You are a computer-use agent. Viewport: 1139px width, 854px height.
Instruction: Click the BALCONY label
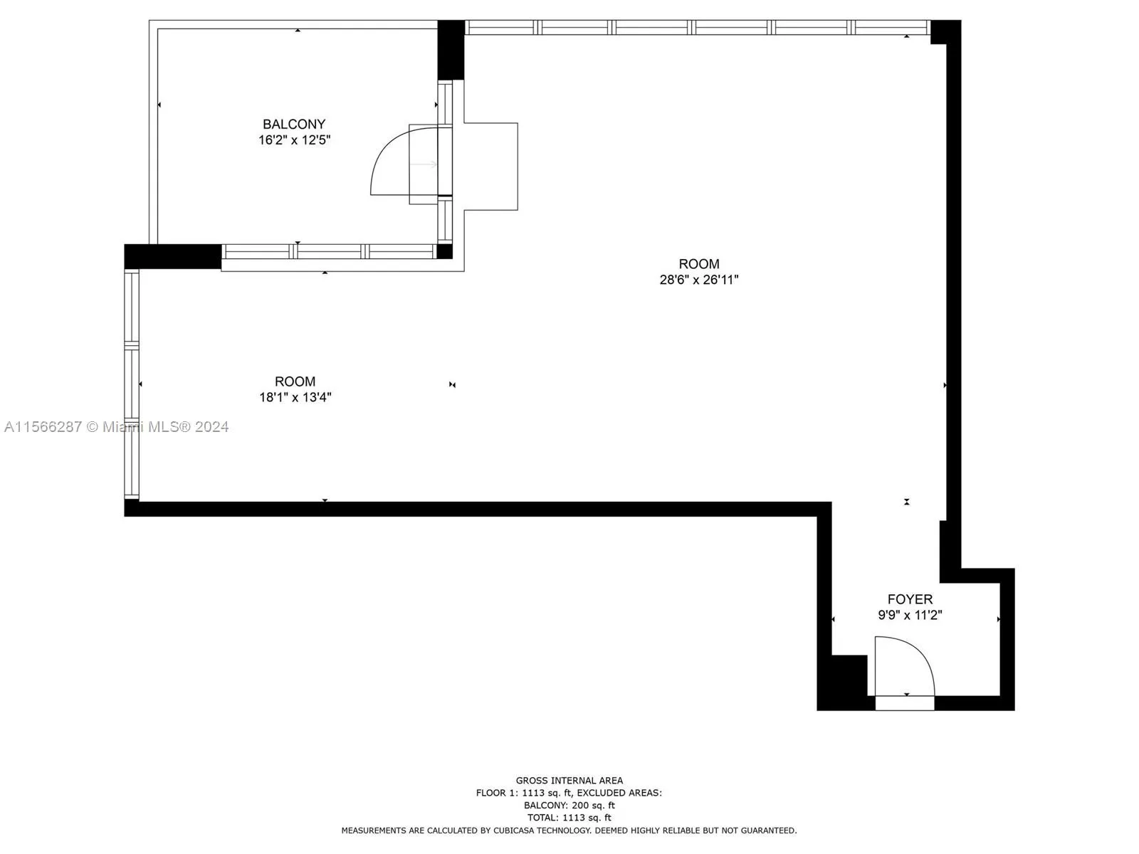point(294,125)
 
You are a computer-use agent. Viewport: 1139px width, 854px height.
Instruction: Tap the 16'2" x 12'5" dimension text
point(294,140)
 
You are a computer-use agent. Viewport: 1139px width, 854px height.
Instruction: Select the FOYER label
point(910,599)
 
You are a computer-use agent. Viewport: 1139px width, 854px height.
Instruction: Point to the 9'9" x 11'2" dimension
point(910,615)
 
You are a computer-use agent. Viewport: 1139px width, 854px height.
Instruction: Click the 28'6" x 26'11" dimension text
point(699,280)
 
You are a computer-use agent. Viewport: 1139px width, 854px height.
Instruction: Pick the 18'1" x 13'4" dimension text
point(295,397)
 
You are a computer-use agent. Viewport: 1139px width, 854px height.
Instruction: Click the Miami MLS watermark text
point(116,427)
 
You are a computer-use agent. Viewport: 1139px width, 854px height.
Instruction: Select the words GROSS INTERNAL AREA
point(569,781)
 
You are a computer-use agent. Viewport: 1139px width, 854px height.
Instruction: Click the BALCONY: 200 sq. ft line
point(569,806)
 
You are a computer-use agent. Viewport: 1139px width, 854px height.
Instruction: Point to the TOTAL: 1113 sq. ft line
point(569,818)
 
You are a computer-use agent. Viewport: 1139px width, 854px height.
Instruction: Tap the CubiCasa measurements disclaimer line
point(569,831)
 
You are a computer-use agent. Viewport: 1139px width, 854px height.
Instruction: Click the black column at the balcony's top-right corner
point(451,50)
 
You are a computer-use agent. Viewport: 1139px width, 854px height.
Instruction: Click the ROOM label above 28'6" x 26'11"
point(699,264)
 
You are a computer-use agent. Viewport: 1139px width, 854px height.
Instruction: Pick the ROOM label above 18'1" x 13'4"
point(295,381)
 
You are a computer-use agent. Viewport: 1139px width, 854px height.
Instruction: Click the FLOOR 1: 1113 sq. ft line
point(569,793)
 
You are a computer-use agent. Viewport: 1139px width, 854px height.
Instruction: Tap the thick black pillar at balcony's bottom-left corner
point(173,256)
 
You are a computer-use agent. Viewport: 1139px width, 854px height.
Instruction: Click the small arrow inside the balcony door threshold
point(425,164)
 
